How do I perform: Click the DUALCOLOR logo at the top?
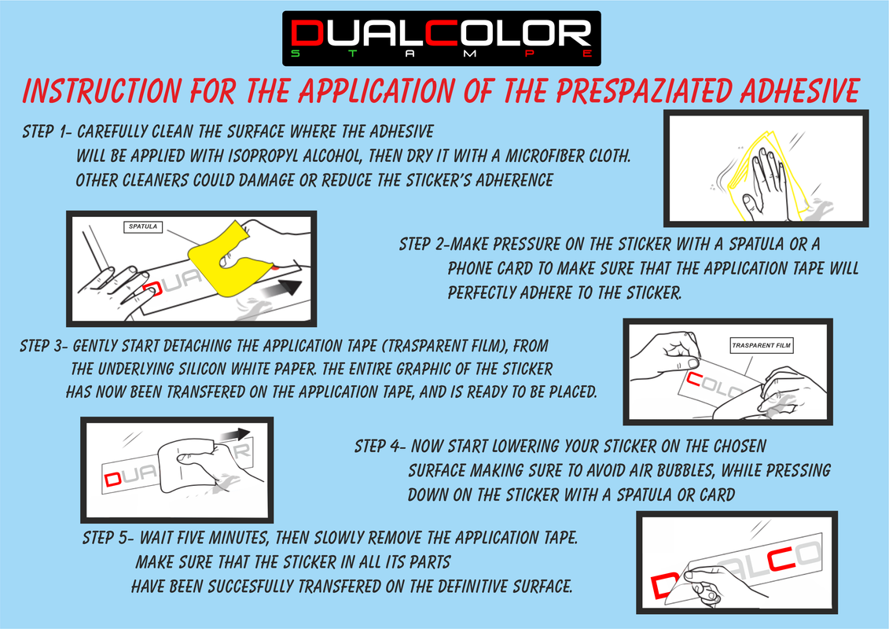pyautogui.click(x=442, y=39)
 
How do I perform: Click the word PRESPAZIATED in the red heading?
pyautogui.click(x=644, y=90)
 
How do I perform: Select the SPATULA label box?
pyautogui.click(x=143, y=227)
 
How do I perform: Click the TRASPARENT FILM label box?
pyautogui.click(x=761, y=345)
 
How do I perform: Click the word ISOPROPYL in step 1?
pyautogui.click(x=263, y=156)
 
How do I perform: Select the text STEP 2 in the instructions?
pyautogui.click(x=422, y=245)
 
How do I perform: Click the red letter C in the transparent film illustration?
pyautogui.click(x=693, y=379)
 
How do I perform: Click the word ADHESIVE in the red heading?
pyautogui.click(x=800, y=90)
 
